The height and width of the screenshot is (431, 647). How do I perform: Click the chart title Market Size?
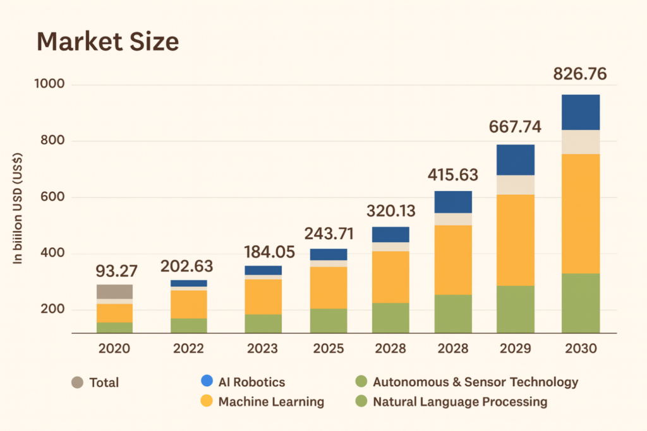[108, 42]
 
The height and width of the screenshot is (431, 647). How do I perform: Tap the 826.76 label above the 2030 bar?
[580, 74]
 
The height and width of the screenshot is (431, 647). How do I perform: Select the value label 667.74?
[515, 127]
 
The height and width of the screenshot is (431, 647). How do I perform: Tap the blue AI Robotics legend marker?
[205, 381]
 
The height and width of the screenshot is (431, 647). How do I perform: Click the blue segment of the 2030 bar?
[581, 112]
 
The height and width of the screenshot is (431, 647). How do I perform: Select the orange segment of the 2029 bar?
[516, 240]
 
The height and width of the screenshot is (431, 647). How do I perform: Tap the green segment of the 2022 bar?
[189, 326]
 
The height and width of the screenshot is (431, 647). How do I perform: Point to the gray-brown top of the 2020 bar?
[114, 292]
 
